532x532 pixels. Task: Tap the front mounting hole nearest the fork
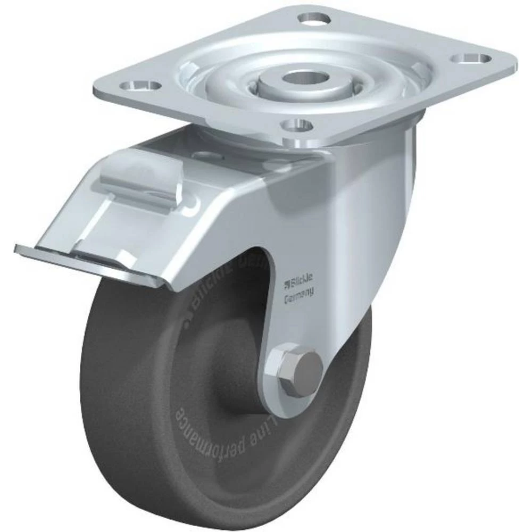coord(296,126)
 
